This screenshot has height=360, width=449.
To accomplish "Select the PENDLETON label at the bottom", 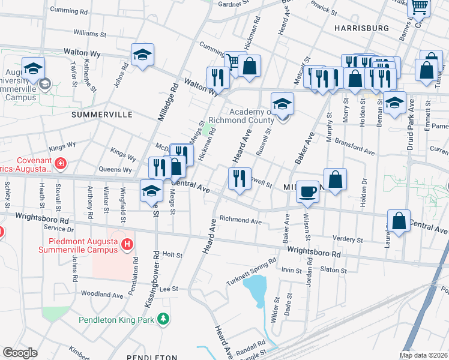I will (152, 356).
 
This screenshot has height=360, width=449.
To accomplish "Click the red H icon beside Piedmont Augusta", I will (127, 244).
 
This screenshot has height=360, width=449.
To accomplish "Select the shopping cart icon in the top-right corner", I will (419, 7).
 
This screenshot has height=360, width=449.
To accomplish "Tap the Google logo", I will (20, 352).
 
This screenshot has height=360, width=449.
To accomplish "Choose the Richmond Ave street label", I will (241, 220).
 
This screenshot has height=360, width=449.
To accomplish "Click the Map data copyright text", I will (424, 355).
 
